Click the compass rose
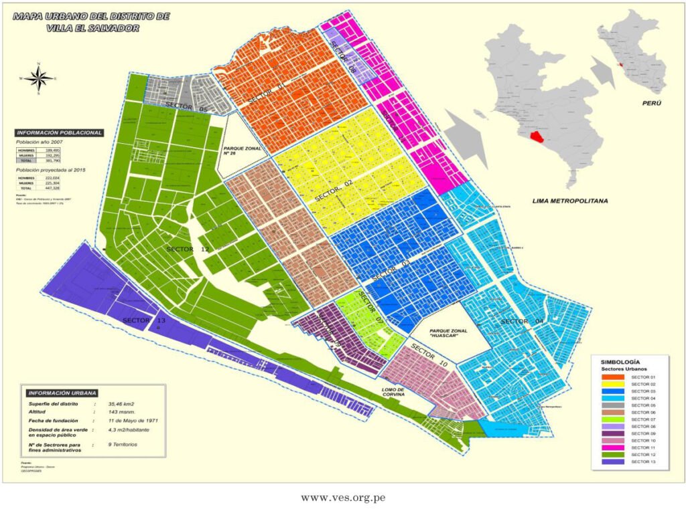click(x=40, y=78)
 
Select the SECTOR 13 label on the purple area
click(x=143, y=320)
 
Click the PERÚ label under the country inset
click(x=651, y=104)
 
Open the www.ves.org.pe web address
click(x=343, y=498)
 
